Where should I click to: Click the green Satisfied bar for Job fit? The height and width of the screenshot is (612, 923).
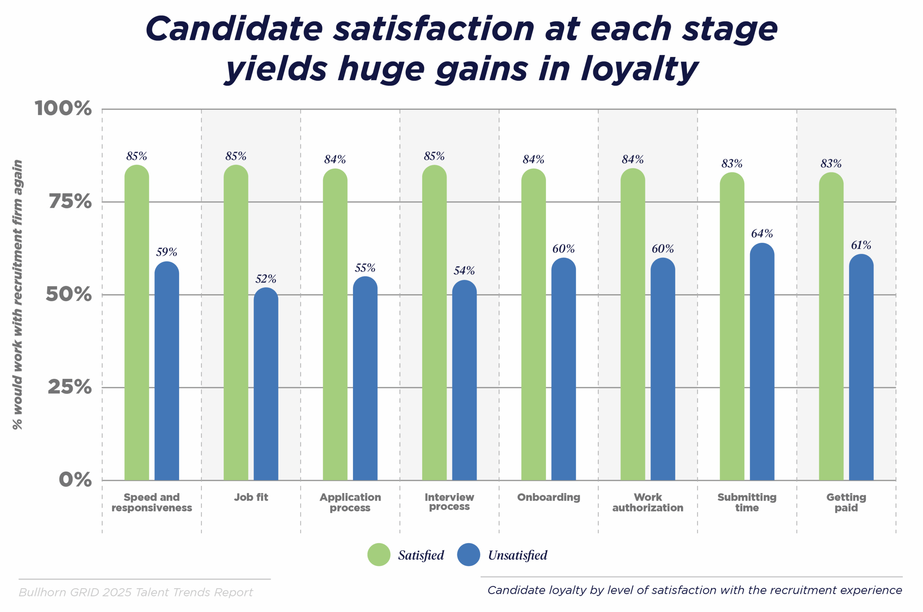click(235, 324)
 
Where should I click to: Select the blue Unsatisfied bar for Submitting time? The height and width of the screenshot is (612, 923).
click(762, 363)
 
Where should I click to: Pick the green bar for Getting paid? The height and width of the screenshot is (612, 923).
click(831, 328)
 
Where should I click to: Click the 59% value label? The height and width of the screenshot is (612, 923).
click(167, 252)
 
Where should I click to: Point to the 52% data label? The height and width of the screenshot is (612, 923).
click(266, 279)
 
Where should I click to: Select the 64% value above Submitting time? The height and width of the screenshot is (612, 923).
click(762, 233)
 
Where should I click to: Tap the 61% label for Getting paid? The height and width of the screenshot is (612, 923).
click(861, 245)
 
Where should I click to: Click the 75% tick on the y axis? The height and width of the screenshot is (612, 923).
click(70, 202)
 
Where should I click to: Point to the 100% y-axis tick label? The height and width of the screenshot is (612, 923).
click(63, 108)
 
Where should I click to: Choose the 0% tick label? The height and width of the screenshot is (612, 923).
click(75, 480)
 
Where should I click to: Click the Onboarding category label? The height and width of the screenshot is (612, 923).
click(548, 497)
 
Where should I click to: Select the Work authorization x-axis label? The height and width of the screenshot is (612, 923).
click(648, 502)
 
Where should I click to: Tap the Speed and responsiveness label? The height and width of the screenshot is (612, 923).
click(151, 502)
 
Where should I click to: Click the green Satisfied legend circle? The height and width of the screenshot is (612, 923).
click(379, 555)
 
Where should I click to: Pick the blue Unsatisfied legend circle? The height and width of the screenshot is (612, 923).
click(468, 555)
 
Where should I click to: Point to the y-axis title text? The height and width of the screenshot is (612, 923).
click(18, 295)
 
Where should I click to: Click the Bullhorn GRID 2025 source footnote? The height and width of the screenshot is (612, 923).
click(136, 592)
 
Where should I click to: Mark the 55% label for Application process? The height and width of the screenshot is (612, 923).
click(365, 268)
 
